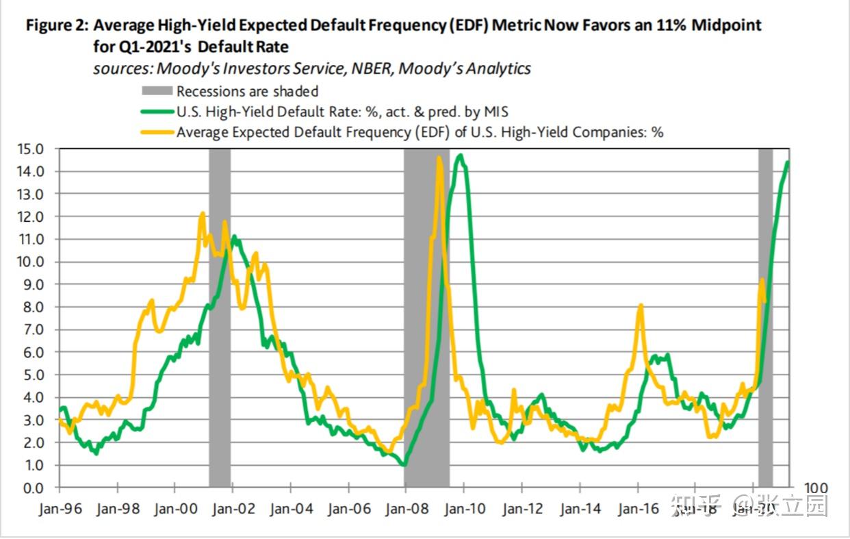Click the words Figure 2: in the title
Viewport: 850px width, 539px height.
(56, 26)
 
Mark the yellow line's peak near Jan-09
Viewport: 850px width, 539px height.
(439, 158)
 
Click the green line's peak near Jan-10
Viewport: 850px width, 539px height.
(461, 155)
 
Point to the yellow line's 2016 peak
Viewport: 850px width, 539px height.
(640, 305)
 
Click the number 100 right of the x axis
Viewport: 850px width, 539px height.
(814, 488)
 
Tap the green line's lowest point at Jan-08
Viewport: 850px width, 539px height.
(404, 465)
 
